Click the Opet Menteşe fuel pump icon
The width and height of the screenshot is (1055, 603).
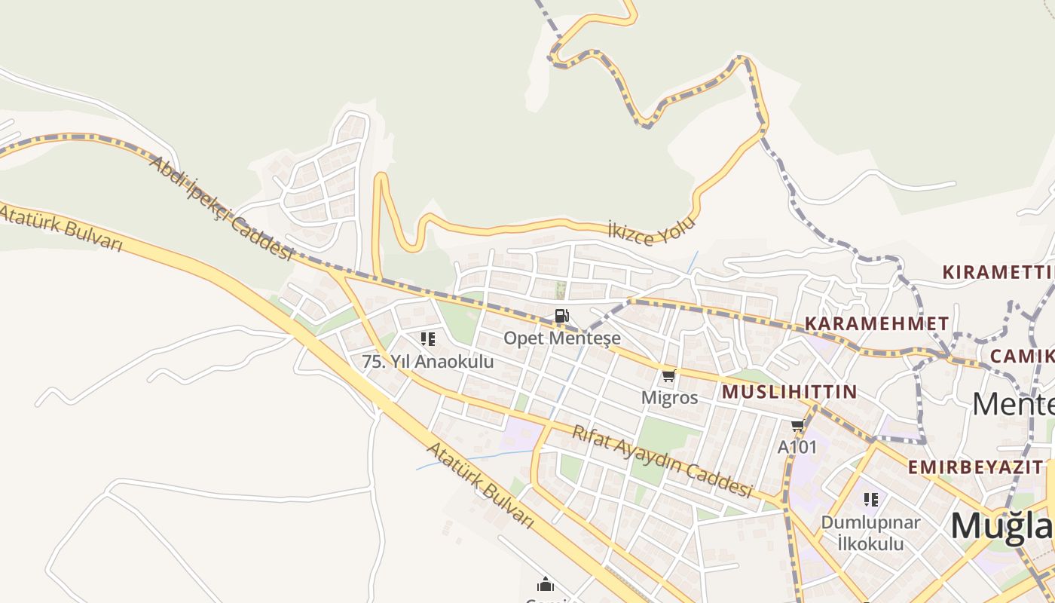coord(561,317)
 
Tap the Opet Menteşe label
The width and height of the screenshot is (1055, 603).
coord(562,338)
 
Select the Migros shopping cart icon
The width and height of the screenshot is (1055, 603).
coord(668,375)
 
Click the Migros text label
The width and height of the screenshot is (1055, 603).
coord(669,397)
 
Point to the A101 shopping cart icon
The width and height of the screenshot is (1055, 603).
coord(798,425)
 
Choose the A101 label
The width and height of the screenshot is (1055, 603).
coord(797,447)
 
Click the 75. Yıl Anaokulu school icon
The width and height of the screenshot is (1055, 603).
coord(428,339)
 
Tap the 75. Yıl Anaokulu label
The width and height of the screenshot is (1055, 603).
coord(428,361)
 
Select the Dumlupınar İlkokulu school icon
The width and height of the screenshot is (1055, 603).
coord(871,500)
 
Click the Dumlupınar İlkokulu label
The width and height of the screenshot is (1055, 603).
coord(870,532)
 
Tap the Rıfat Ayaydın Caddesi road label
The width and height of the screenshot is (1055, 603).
coord(662,461)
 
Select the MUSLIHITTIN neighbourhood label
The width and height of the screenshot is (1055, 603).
coord(789,392)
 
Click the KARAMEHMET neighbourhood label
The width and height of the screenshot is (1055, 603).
coord(876,324)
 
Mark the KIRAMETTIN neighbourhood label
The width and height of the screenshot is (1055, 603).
coord(998,272)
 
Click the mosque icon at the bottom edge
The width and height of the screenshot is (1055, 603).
coord(545,584)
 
